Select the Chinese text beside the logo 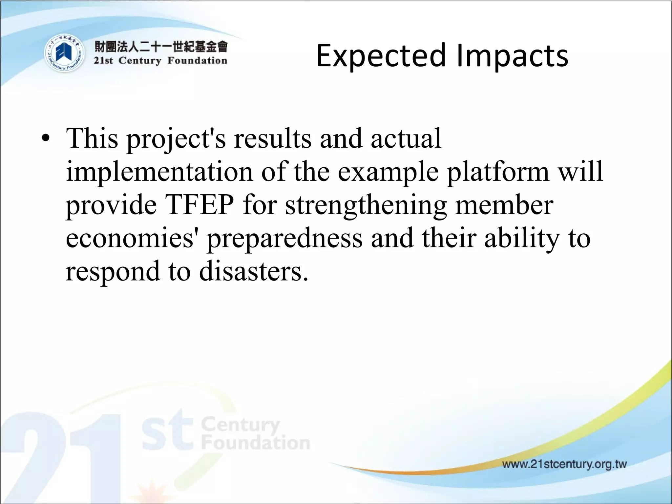[161, 47]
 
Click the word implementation [159, 172]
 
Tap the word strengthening [366, 206]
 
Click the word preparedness [284, 239]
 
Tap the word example [388, 172]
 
